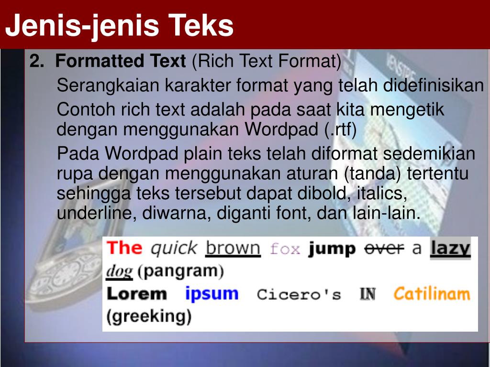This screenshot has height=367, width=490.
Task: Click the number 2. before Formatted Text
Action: pos(36,61)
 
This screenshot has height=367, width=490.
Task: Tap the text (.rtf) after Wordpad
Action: pos(340,130)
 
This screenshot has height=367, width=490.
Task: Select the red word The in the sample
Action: pos(124,248)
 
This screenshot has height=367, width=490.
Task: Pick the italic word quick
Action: pos(173,248)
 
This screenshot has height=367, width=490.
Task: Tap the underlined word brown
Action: pos(233,248)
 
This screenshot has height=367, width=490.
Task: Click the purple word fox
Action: pos(285,249)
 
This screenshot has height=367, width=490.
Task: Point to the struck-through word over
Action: pos(384,248)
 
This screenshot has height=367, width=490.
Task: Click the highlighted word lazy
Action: pos(450,248)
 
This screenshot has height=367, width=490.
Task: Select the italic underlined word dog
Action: pos(119,272)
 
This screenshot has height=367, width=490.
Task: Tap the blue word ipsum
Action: pos(212,293)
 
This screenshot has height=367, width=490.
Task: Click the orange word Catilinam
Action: pos(432,293)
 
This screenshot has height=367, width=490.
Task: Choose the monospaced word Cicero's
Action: pos(299,294)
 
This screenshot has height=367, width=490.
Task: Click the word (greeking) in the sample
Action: pos(148,316)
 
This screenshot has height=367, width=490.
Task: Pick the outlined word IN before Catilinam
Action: pos(367,294)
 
